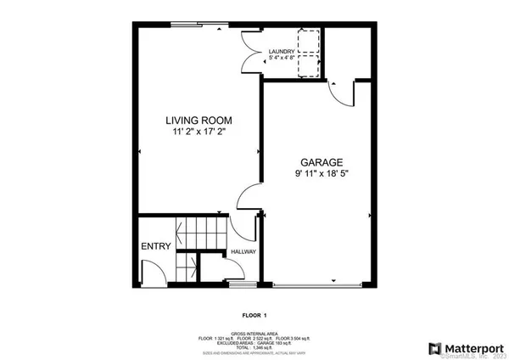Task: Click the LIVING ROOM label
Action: [197, 121]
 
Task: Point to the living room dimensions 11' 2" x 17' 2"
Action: [197, 132]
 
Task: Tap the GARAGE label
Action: [320, 161]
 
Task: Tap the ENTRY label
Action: [156, 247]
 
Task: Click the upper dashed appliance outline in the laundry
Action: [307, 42]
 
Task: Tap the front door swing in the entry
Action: [151, 273]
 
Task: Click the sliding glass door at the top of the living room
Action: [198, 24]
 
